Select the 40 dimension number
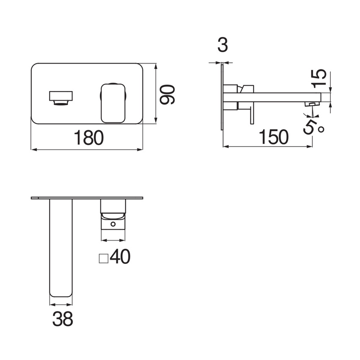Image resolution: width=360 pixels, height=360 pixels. click(119, 256)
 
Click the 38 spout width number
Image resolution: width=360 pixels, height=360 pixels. click(62, 318)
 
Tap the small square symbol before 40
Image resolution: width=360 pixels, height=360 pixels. click(103, 257)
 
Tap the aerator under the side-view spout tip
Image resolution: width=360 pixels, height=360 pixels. click(313, 104)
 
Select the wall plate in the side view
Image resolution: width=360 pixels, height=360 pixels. click(222, 97)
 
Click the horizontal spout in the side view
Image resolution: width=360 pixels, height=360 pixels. click(275, 97)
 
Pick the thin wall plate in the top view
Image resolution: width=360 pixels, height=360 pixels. click(87, 198)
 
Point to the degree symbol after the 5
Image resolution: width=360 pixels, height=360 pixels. click(321, 129)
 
